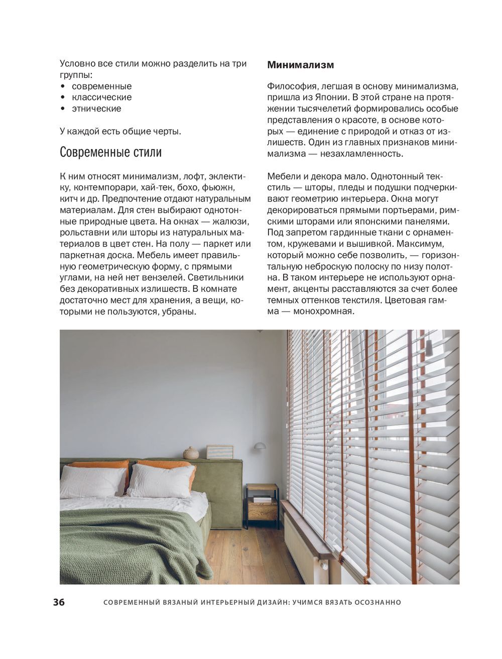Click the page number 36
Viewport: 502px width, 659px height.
(x=59, y=603)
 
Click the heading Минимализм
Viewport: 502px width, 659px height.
(x=300, y=65)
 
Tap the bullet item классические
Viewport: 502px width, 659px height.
(x=101, y=97)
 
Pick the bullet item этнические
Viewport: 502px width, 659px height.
(x=96, y=108)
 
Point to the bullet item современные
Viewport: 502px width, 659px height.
(x=101, y=86)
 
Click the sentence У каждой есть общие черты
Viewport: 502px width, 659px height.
(x=120, y=132)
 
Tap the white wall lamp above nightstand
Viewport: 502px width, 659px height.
(x=260, y=446)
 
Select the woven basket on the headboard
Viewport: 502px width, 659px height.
(x=191, y=453)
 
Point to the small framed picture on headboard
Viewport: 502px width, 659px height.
(x=220, y=452)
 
